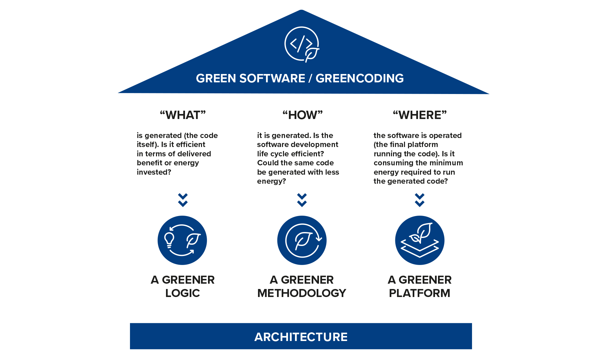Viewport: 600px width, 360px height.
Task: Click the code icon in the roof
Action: [301, 44]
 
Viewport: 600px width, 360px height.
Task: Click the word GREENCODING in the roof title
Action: [359, 78]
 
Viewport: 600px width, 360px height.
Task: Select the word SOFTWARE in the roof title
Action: [271, 78]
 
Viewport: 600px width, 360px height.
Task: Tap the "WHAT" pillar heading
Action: [183, 115]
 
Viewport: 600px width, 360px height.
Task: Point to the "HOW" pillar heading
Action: [302, 115]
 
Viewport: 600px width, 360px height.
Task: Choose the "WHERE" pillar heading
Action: [419, 115]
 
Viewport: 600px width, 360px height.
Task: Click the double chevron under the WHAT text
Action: [183, 200]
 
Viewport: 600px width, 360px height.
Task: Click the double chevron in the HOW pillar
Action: [302, 200]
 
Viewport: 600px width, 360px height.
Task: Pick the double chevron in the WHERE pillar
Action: [419, 200]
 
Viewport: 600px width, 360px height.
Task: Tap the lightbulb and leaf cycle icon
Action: [182, 240]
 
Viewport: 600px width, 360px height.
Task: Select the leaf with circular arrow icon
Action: [302, 240]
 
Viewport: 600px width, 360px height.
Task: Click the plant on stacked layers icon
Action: [420, 240]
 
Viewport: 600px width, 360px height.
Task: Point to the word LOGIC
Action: [182, 293]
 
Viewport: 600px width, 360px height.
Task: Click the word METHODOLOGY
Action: [302, 293]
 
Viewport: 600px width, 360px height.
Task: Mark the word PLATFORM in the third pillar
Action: [419, 293]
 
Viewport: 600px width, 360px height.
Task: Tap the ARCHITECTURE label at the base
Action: [301, 337]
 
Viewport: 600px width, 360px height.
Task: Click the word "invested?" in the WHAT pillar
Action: [154, 172]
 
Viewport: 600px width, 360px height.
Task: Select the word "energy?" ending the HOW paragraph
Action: [271, 181]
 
